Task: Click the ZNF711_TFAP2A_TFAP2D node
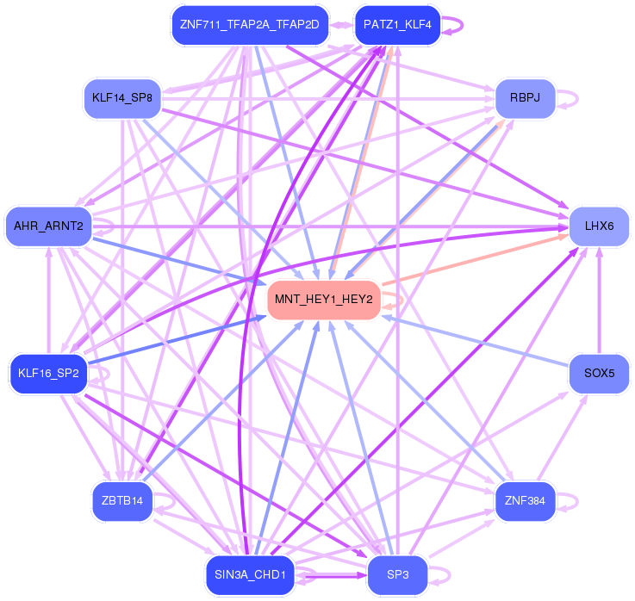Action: click(250, 25)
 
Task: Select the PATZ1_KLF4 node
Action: click(397, 25)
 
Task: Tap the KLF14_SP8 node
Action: click(122, 98)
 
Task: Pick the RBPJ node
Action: click(526, 98)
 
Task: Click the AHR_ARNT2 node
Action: click(48, 226)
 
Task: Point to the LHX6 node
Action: click(600, 226)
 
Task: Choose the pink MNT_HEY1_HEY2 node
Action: click(324, 300)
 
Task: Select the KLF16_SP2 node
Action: click(48, 374)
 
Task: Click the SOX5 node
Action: click(600, 374)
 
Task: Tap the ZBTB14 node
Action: click(122, 501)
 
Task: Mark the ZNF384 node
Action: click(526, 501)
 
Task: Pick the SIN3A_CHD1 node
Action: click(250, 575)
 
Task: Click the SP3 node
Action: click(397, 575)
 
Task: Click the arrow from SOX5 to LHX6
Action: click(600, 300)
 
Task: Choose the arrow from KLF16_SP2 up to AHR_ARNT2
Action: click(48, 300)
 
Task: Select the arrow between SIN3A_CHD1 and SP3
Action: click(331, 575)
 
